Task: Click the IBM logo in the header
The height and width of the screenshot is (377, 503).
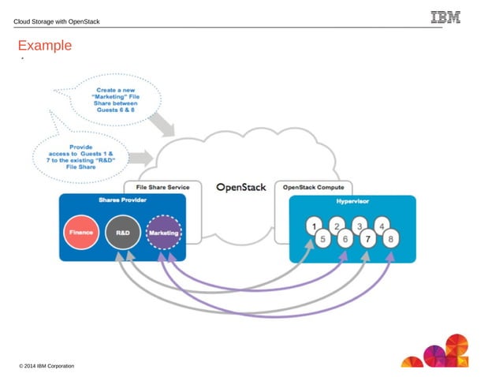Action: click(x=445, y=17)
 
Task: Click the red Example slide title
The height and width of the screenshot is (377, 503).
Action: click(x=45, y=46)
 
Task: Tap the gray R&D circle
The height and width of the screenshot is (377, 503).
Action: click(x=122, y=233)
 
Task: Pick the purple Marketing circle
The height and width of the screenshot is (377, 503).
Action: click(x=163, y=233)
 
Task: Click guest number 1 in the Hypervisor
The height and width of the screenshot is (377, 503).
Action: click(x=314, y=226)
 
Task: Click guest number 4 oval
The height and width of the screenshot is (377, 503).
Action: click(x=382, y=226)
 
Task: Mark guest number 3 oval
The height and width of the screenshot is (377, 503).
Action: click(x=360, y=226)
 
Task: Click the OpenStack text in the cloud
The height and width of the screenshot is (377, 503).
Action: click(x=241, y=188)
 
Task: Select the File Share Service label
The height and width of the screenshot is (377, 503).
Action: click(x=163, y=187)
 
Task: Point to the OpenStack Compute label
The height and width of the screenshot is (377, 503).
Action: click(x=313, y=187)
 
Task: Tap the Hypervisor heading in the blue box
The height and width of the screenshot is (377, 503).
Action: click(x=352, y=200)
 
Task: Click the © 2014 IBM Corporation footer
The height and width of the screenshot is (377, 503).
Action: click(x=47, y=366)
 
